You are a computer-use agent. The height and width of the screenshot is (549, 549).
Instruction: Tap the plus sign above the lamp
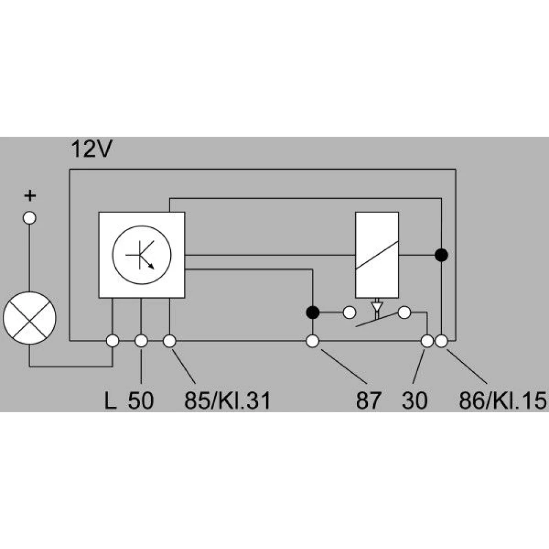[x=30, y=195]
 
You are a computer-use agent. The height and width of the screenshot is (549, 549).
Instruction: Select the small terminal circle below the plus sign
[x=30, y=218]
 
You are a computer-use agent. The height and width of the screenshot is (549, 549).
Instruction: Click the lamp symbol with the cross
[x=30, y=318]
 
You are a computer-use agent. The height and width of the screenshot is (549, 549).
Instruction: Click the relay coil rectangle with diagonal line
[x=377, y=255]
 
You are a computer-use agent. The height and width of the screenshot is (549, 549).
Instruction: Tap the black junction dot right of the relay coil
[x=441, y=255]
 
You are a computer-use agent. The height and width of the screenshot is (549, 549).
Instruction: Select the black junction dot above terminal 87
[x=313, y=312]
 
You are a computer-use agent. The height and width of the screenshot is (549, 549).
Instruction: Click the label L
[x=110, y=400]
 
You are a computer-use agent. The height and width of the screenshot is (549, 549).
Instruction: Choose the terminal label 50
[x=141, y=400]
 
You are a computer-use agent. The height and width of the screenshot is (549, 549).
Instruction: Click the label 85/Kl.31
[x=228, y=400]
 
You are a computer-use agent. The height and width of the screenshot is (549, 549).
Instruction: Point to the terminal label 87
[x=368, y=400]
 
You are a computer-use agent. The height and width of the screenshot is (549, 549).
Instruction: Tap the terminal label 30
[x=414, y=400]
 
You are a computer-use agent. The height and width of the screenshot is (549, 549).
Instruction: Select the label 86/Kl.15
[x=503, y=400]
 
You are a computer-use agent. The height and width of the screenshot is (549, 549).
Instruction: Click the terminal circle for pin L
[x=113, y=341]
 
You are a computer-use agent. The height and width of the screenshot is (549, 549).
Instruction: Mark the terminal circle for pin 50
[x=141, y=341]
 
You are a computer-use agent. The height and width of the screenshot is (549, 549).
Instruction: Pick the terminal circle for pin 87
[x=312, y=341]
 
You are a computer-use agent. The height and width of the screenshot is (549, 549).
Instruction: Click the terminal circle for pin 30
[x=427, y=341]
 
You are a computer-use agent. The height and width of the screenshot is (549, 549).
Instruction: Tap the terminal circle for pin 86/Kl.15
[x=441, y=341]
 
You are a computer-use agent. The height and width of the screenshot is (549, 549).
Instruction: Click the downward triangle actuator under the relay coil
[x=377, y=306]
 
